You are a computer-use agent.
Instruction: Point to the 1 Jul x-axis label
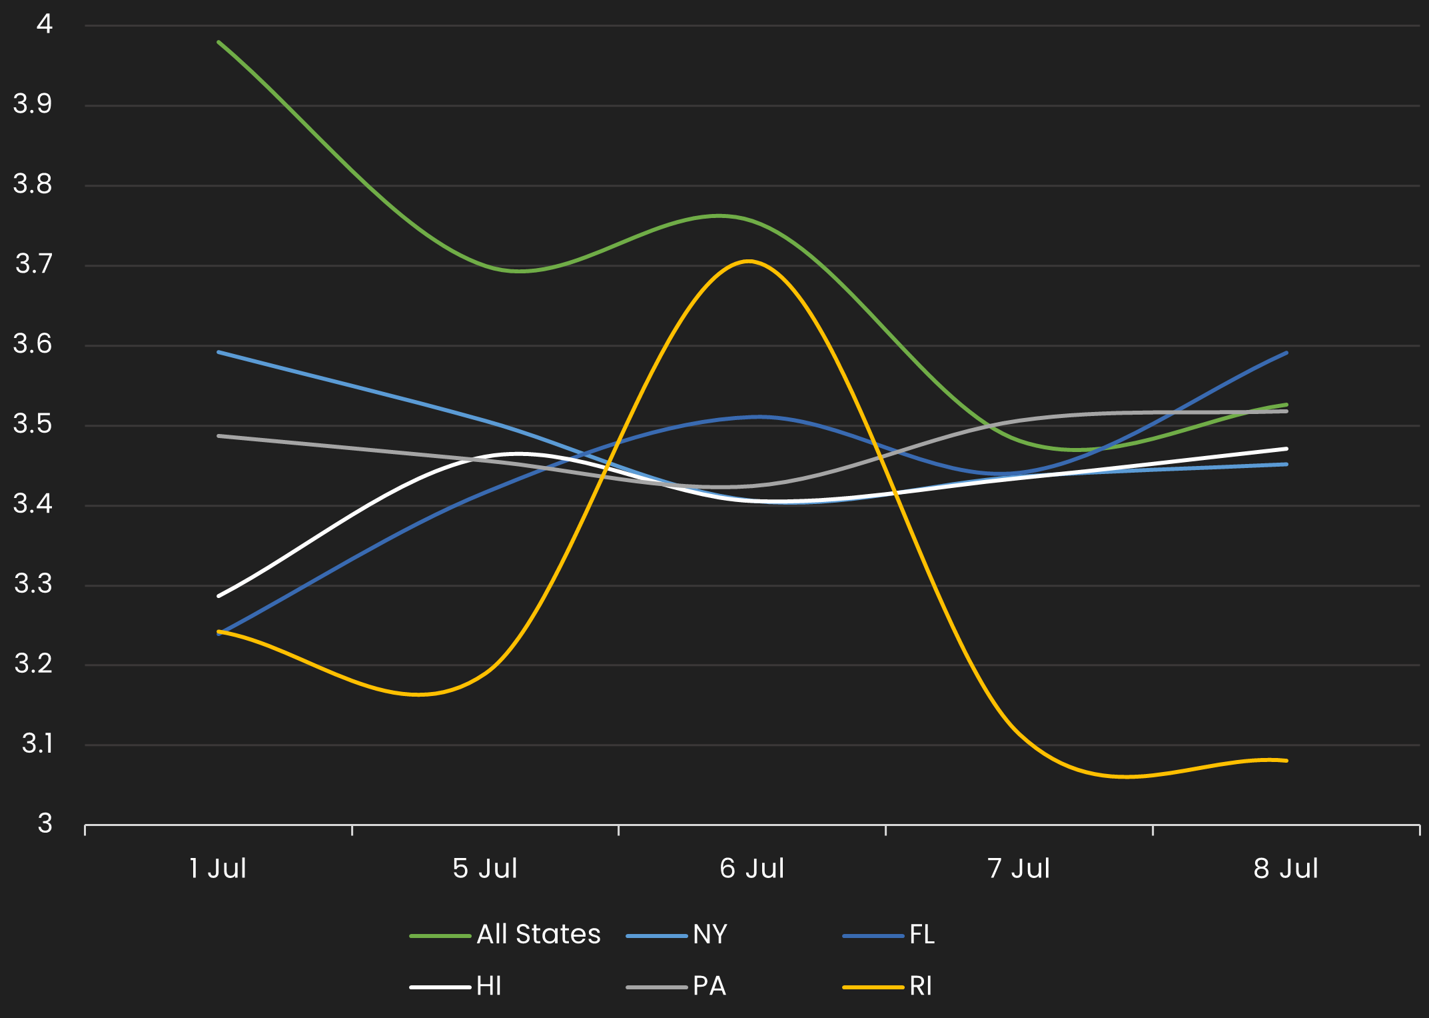pyautogui.click(x=218, y=869)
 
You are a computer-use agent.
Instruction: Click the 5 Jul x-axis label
pyautogui.click(x=485, y=869)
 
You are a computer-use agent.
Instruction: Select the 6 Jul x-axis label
pyautogui.click(x=752, y=869)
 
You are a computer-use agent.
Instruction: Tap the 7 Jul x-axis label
pyautogui.click(x=1019, y=869)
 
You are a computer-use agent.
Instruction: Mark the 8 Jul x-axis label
pyautogui.click(x=1286, y=869)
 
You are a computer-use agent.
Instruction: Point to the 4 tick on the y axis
pyautogui.click(x=45, y=25)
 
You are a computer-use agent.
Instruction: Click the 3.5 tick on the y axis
pyautogui.click(x=33, y=424)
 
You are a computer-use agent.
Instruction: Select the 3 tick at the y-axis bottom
pyautogui.click(x=45, y=824)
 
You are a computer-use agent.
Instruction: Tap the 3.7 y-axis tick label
pyautogui.click(x=33, y=265)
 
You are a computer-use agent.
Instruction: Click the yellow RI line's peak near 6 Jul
pyautogui.click(x=749, y=261)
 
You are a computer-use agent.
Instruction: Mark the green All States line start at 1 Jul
pyautogui.click(x=219, y=41)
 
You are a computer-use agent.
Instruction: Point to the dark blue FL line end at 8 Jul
pyautogui.click(x=1286, y=353)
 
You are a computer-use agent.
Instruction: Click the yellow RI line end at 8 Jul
pyautogui.click(x=1286, y=760)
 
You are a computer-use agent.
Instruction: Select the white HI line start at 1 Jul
pyautogui.click(x=219, y=595)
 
